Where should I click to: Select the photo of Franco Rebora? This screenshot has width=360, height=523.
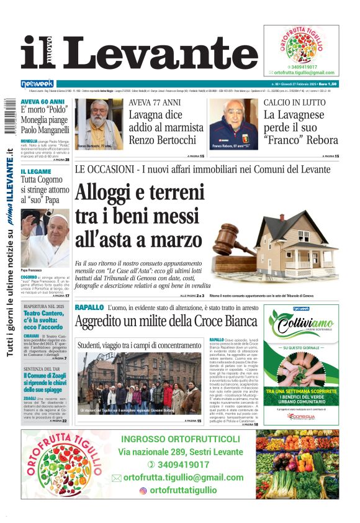[x=233, y=124]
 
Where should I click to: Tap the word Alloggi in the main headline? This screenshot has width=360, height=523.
[x=112, y=194]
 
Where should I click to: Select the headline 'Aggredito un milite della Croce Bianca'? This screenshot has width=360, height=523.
[x=166, y=321]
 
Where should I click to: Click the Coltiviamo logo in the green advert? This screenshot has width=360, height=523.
[x=305, y=324]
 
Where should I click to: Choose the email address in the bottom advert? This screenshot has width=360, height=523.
[x=184, y=477]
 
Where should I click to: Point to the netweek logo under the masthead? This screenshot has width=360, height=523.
[x=37, y=83]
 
